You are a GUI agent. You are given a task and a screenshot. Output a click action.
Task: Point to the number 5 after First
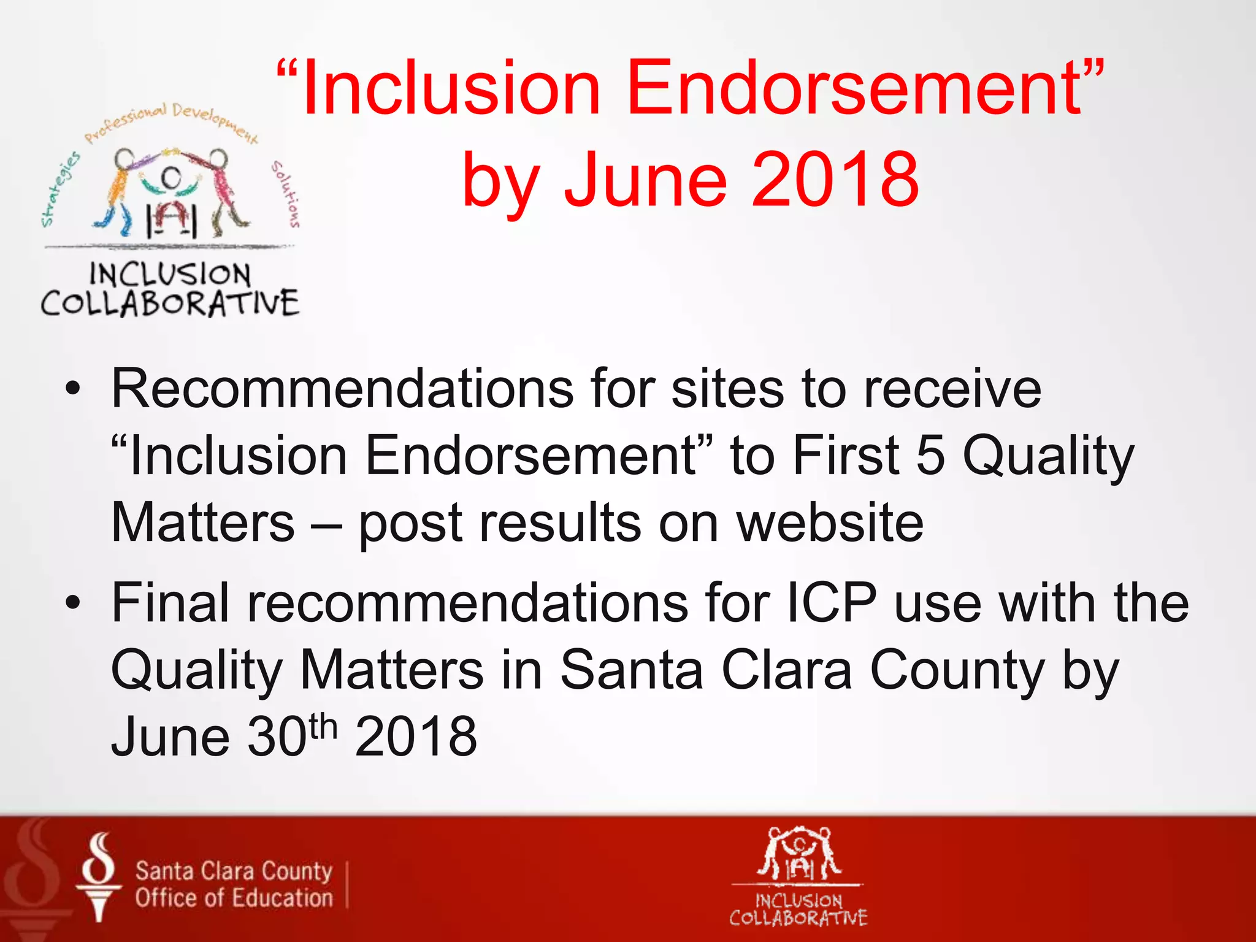tap(930, 456)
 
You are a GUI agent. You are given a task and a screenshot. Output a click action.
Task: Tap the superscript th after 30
tap(323, 727)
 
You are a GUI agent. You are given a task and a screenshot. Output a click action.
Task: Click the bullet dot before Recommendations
tap(74, 389)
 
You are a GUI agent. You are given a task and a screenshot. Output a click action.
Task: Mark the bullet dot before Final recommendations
tap(74, 603)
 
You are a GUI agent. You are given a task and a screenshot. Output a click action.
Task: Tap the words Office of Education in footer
tap(234, 898)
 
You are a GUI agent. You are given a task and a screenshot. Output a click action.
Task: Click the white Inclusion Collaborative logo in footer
tap(798, 875)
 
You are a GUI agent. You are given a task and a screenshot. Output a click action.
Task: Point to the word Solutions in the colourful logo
tap(286, 194)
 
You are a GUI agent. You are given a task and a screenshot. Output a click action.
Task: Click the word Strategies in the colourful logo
tap(59, 188)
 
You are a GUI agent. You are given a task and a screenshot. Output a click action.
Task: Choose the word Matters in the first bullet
tap(203, 523)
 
